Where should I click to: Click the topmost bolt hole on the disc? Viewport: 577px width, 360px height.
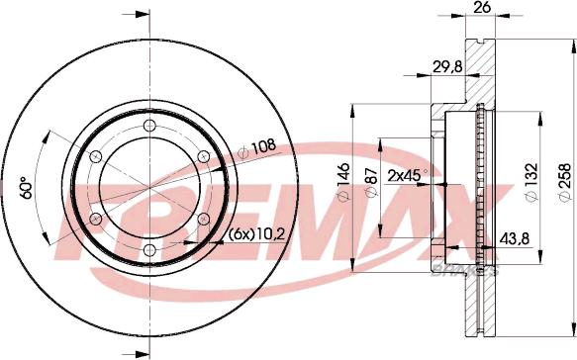tap(148, 126)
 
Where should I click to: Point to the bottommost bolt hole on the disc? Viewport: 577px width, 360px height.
tap(148, 250)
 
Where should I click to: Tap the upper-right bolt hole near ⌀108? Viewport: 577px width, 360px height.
tap(203, 156)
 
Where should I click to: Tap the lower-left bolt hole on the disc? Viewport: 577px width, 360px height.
tap(95, 219)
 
